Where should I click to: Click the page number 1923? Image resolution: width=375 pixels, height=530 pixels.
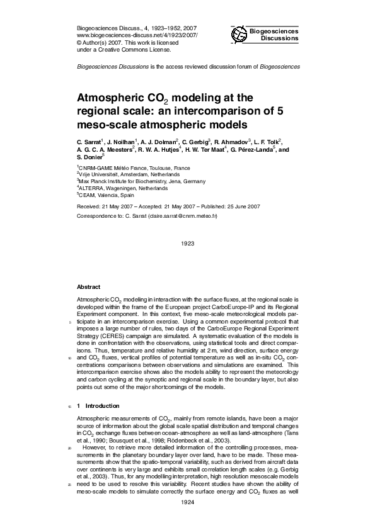click(187, 243)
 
